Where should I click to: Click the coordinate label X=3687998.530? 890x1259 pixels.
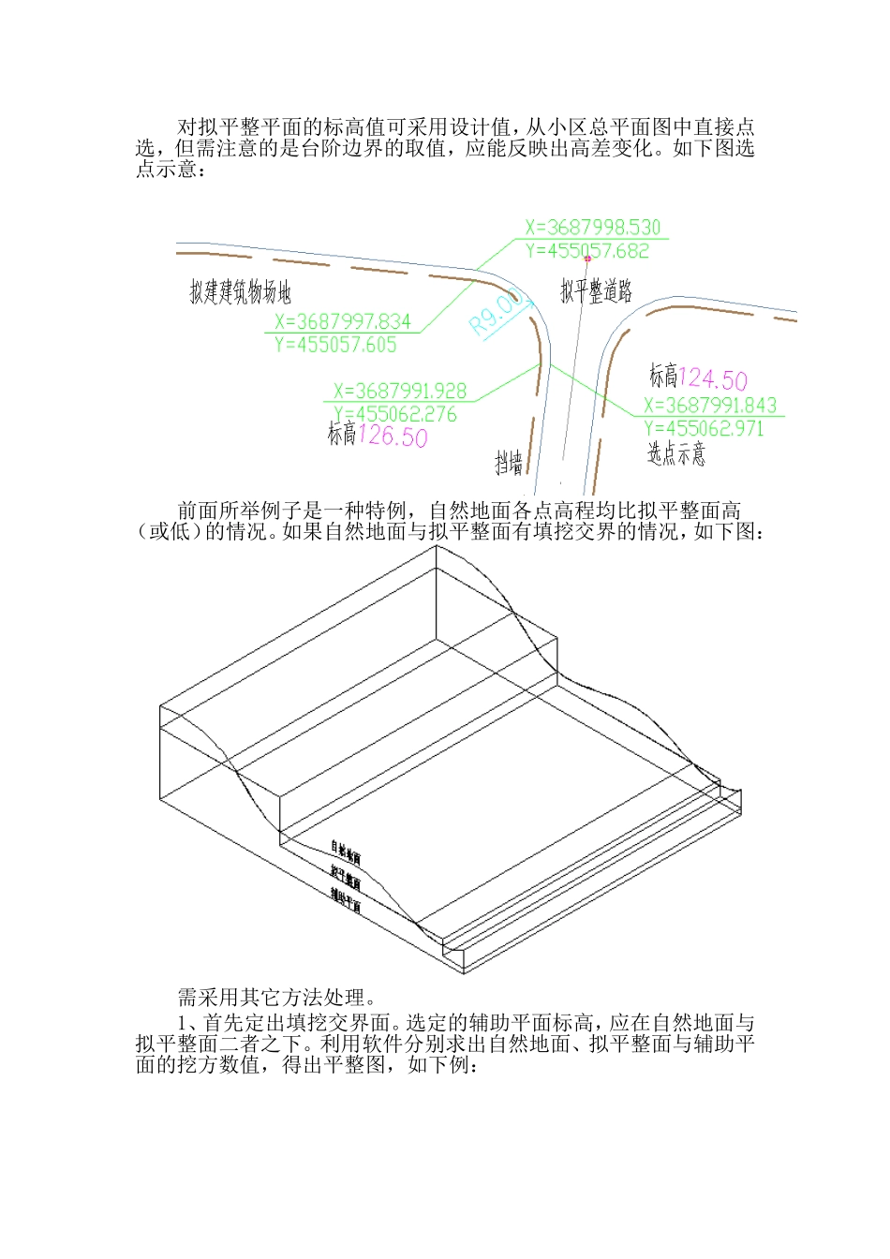click(592, 228)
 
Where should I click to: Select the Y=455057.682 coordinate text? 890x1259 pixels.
click(586, 251)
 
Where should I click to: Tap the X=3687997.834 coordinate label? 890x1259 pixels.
click(343, 322)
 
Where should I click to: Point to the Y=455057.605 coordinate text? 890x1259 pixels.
click(335, 345)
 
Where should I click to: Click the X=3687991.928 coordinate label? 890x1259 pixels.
click(399, 392)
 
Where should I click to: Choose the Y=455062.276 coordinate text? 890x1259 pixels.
click(394, 414)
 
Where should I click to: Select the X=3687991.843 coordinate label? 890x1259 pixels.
click(710, 406)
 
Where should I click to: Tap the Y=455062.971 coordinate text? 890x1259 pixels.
click(704, 429)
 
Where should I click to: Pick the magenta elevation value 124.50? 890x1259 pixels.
click(712, 379)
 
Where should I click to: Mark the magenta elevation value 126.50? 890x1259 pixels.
click(392, 437)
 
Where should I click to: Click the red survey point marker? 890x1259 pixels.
click(587, 258)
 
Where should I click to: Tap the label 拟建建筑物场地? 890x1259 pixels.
click(240, 292)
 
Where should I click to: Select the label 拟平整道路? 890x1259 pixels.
click(596, 291)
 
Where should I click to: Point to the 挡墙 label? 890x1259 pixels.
click(509, 462)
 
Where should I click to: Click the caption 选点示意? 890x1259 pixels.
click(675, 454)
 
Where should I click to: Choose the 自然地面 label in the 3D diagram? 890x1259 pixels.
click(345, 852)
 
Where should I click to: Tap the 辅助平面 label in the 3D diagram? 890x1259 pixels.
click(345, 899)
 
